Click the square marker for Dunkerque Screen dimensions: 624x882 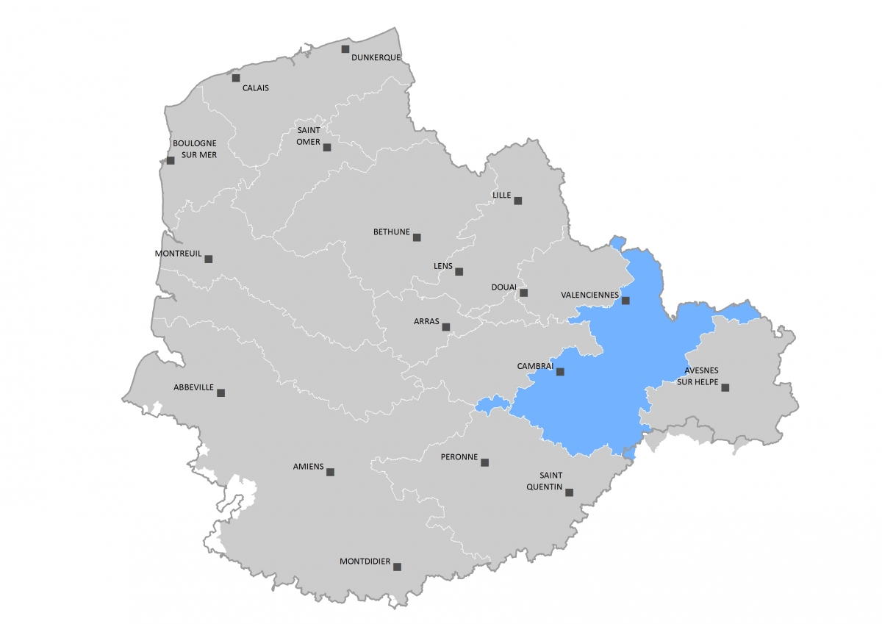pos(345,49)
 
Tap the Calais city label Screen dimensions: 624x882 pos(256,88)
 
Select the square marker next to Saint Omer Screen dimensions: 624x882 pos(327,147)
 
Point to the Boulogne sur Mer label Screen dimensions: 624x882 pos(195,148)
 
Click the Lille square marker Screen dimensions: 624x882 pos(517,200)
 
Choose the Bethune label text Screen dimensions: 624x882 pos(392,232)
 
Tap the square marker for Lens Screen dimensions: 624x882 pos(459,271)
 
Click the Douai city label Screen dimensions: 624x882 pos(504,287)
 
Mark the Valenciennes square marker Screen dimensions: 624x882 pos(625,301)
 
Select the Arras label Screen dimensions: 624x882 pos(426,322)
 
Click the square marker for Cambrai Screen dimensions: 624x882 pos(560,372)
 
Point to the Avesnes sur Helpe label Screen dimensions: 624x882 pos(698,376)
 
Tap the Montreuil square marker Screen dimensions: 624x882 pos(209,259)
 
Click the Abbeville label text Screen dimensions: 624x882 pos(193,387)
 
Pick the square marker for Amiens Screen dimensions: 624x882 pos(330,472)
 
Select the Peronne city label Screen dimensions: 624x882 pos(459,457)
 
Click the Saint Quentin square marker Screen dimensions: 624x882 pos(569,493)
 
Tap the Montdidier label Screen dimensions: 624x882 pos(365,562)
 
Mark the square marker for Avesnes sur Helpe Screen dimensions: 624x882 pos(725,387)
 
